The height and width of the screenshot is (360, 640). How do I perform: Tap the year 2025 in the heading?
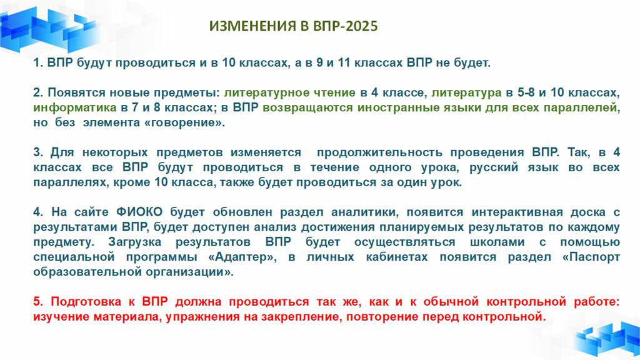click(361, 26)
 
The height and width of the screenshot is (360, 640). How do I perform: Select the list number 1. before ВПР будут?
click(38, 63)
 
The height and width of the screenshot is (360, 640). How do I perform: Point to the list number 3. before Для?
click(38, 152)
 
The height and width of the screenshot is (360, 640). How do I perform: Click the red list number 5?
click(38, 302)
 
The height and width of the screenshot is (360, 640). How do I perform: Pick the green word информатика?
click(75, 107)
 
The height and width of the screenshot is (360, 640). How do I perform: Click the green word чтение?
click(334, 92)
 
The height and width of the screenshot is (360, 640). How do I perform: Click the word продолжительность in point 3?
click(379, 152)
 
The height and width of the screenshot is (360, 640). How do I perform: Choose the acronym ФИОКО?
click(139, 212)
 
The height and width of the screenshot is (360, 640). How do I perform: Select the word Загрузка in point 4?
click(135, 242)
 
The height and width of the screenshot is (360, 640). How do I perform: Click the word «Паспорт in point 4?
click(591, 257)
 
